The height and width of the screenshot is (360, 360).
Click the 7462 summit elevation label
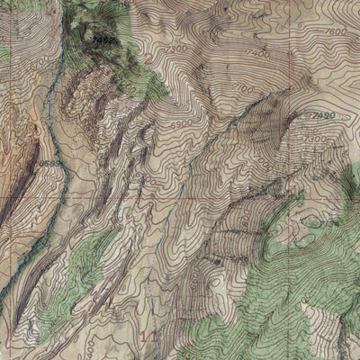pos(104,40)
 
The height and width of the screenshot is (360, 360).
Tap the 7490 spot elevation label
pos(321,116)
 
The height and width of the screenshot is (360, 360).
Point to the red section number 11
pos(150,335)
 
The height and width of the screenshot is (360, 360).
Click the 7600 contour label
pos(335,31)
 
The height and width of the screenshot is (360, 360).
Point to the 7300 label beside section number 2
pos(173,49)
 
